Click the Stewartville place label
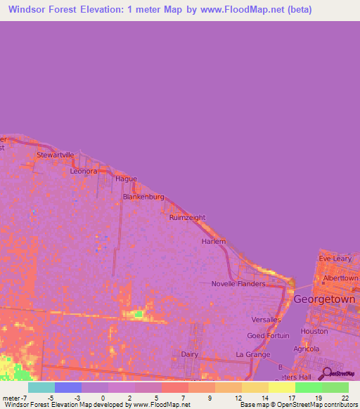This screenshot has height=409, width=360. [55, 155]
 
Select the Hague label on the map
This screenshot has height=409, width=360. [126, 179]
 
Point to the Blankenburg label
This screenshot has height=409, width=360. [143, 197]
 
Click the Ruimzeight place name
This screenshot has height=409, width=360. [187, 218]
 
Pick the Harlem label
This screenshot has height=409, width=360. [214, 241]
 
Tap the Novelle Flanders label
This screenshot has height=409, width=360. [238, 284]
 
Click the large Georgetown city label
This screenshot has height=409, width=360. [324, 299]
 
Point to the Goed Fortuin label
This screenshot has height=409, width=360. [268, 336]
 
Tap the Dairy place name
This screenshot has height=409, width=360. [190, 355]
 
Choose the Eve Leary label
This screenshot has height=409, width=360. [335, 259]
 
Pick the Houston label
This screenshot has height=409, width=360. [314, 331]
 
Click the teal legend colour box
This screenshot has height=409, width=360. [41, 387]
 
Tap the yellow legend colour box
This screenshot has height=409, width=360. [282, 387]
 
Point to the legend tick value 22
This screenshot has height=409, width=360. [345, 398]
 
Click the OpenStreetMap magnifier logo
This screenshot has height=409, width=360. [326, 373]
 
